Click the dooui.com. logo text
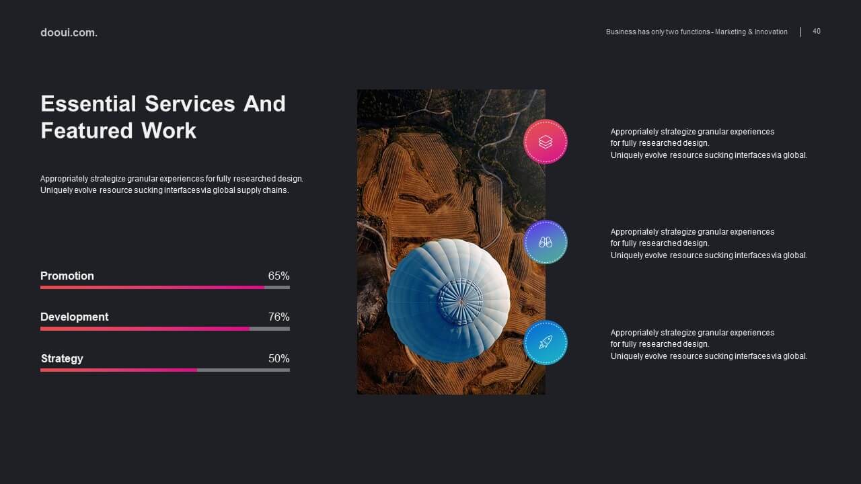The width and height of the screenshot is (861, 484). [x=69, y=33]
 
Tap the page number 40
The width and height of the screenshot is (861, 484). [x=817, y=31]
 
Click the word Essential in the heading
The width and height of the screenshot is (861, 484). [x=88, y=104]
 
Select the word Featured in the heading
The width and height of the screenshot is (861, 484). [x=87, y=130]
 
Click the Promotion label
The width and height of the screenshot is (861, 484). [x=67, y=276]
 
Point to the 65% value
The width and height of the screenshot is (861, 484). [x=278, y=276]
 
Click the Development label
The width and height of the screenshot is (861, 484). [x=74, y=317]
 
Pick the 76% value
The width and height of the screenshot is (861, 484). [x=278, y=317]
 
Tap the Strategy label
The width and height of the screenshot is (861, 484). [x=62, y=358]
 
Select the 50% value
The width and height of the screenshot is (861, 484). [x=278, y=358]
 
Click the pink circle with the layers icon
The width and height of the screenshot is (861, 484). [x=545, y=142]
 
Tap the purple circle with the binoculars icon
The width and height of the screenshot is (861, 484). [x=545, y=242]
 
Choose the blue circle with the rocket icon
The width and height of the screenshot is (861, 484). [x=545, y=343]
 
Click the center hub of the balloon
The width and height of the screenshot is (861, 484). [x=461, y=302]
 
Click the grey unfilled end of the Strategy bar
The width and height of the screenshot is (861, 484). [x=244, y=370]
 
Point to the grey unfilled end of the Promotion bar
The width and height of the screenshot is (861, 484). [x=277, y=287]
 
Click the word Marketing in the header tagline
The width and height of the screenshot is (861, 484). [x=731, y=32]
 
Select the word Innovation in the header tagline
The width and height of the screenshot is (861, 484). [x=771, y=32]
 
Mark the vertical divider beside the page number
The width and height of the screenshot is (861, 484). [x=800, y=32]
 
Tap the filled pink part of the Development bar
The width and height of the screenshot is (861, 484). [x=145, y=329]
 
